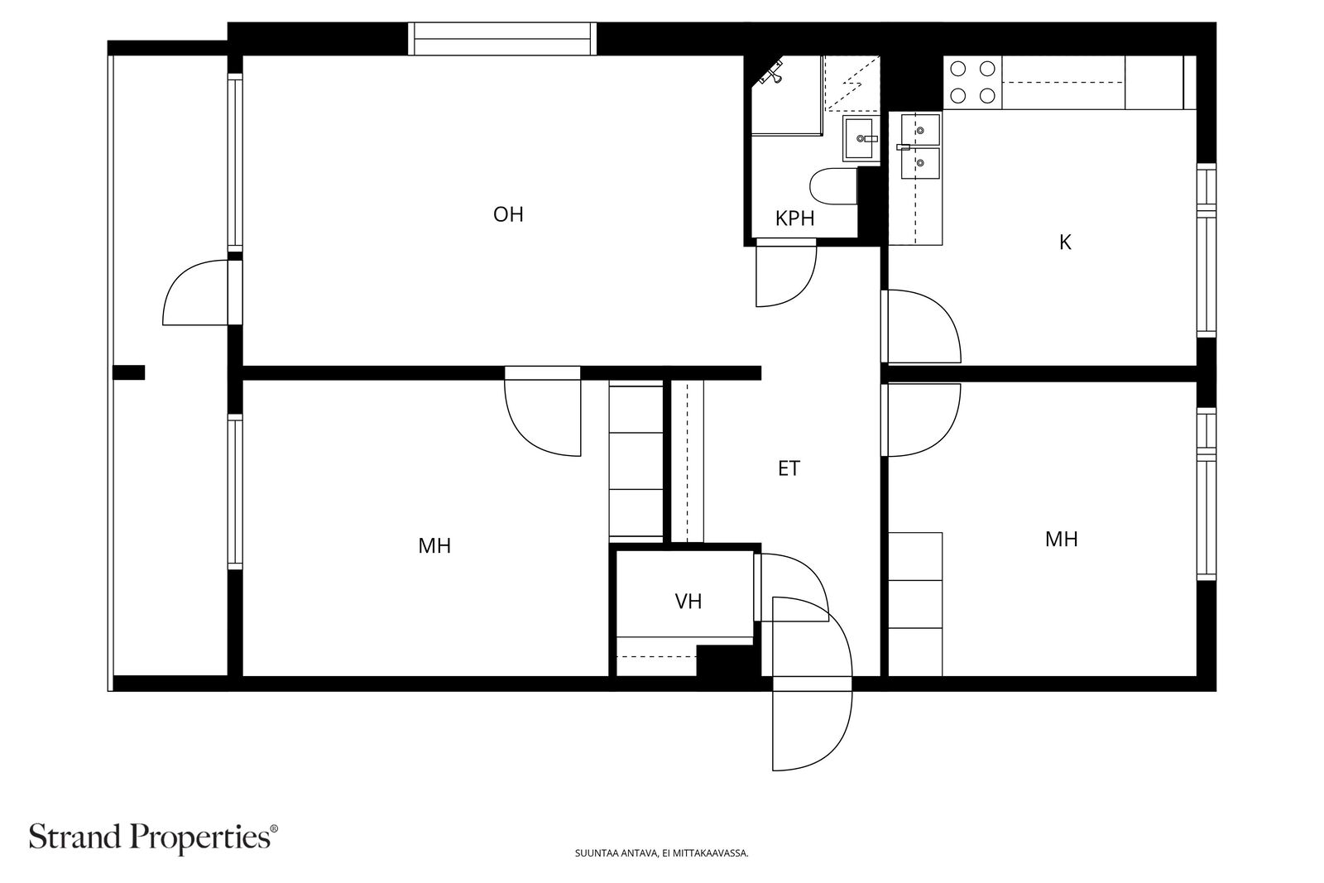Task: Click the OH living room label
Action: (508, 214)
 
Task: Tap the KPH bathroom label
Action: (795, 218)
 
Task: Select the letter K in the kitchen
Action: (1065, 242)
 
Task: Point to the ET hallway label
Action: (789, 468)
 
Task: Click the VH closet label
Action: (688, 602)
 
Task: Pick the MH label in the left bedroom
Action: (434, 546)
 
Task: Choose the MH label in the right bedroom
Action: (1062, 539)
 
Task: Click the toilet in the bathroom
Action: (834, 186)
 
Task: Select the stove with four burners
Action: (973, 82)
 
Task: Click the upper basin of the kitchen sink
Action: (920, 129)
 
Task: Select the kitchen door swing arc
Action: (943, 314)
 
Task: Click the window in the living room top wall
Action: (501, 39)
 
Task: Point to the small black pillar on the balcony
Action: (129, 372)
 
